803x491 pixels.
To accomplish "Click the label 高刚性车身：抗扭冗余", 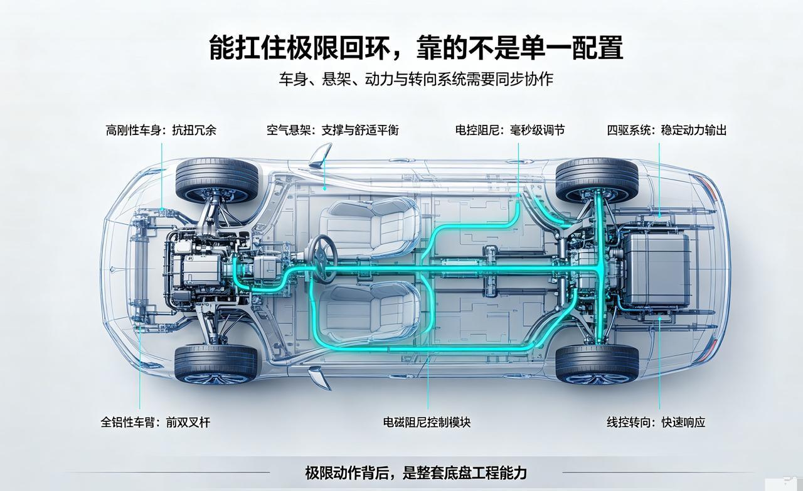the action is pyautogui.click(x=161, y=130).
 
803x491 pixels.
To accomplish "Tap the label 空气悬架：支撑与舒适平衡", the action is pyautogui.click(x=332, y=130).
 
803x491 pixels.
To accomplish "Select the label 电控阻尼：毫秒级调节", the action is pyautogui.click(x=510, y=130).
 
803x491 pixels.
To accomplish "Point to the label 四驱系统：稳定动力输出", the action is pyautogui.click(x=667, y=130).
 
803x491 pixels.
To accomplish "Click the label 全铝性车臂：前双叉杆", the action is pyautogui.click(x=155, y=422).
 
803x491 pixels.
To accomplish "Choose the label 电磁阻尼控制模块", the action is pyautogui.click(x=427, y=422).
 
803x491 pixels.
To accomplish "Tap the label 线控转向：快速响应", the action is pyautogui.click(x=656, y=422).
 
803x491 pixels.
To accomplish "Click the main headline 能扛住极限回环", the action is pyautogui.click(x=299, y=47).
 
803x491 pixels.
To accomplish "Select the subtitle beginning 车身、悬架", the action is pyautogui.click(x=416, y=79).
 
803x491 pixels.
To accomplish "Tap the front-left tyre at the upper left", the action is pyautogui.click(x=217, y=181).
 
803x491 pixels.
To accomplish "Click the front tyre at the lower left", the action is pyautogui.click(x=216, y=364).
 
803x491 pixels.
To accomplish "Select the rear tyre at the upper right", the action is pyautogui.click(x=597, y=180).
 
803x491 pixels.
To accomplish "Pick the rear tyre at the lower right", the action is pyautogui.click(x=597, y=364).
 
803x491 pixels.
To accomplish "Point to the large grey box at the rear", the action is pyautogui.click(x=657, y=269).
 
